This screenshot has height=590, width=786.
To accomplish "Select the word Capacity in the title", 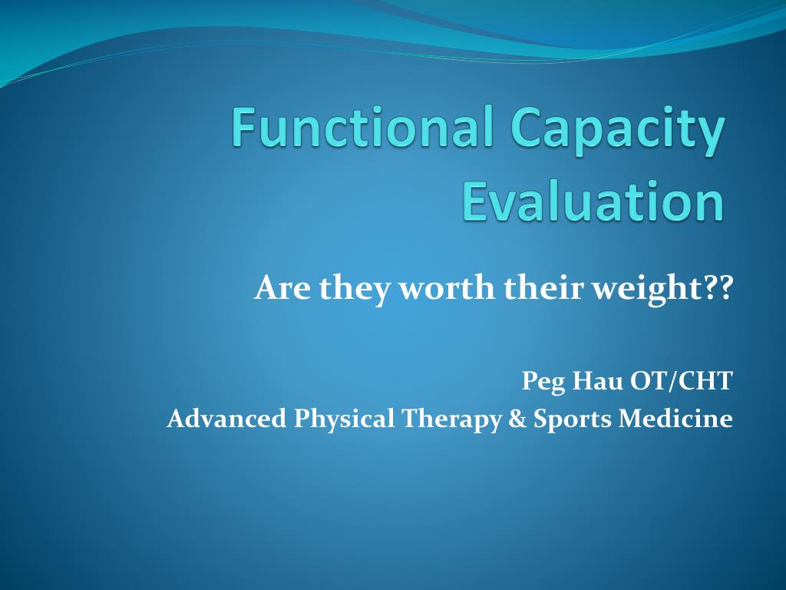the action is (618, 131).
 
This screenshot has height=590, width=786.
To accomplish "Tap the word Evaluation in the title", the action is (593, 201).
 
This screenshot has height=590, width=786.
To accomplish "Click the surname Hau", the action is (597, 381).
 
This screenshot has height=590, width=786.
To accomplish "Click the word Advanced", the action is (226, 419).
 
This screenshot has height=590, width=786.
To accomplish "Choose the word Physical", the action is (344, 420).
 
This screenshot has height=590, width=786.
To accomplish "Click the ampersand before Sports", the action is (517, 419).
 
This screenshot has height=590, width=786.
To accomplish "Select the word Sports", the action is (573, 420).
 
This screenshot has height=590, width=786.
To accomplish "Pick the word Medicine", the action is (675, 419).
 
